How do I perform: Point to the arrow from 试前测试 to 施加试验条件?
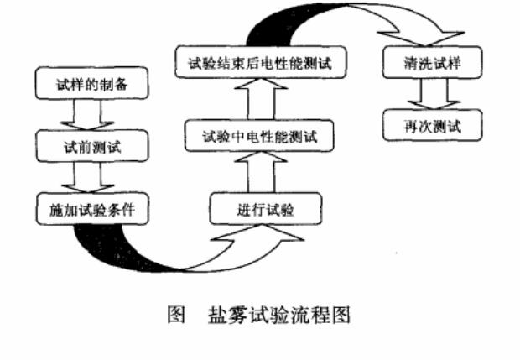pyautogui.click(x=92, y=177)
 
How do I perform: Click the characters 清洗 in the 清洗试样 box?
pyautogui.click(x=417, y=61)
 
